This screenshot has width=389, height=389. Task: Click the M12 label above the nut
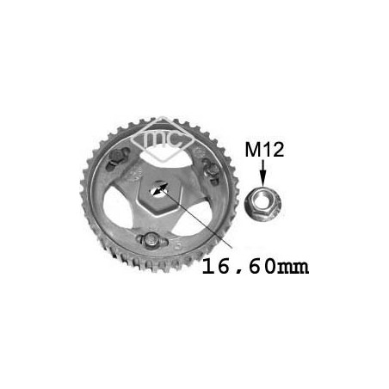(264, 150)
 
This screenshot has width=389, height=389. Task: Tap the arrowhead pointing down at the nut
(263, 181)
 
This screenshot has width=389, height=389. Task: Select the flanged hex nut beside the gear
(263, 203)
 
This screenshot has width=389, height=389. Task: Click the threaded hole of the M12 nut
(262, 200)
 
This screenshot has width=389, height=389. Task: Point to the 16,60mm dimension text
(256, 267)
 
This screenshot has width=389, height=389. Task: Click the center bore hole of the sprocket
(158, 188)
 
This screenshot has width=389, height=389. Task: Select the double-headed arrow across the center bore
(160, 189)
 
